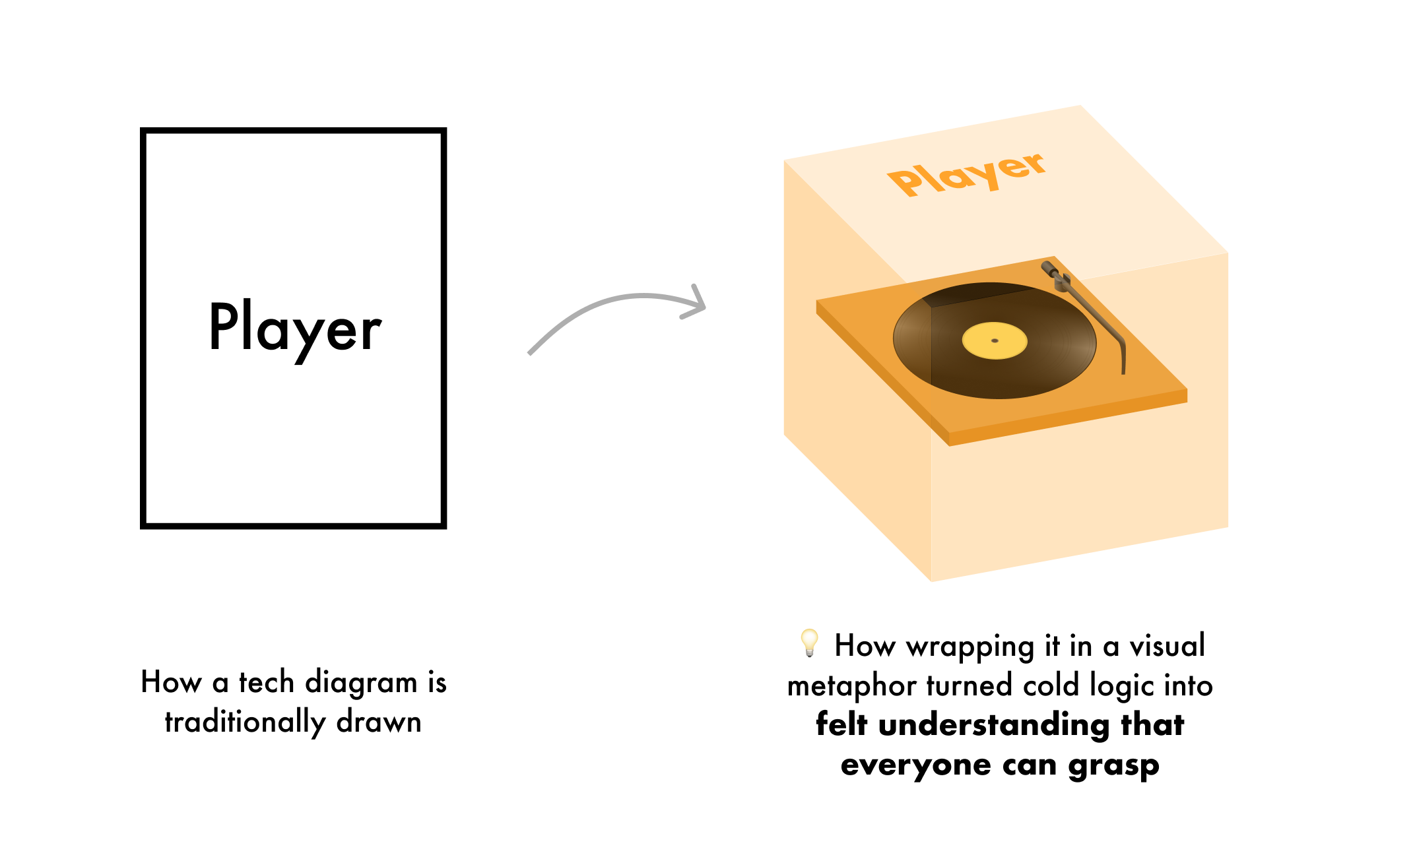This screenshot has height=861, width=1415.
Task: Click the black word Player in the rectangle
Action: coord(294,329)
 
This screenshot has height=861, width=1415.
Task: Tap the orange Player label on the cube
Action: coord(966,174)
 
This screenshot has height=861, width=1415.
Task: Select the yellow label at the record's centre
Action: coord(995,340)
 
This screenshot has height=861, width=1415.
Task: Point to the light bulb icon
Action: coord(809,643)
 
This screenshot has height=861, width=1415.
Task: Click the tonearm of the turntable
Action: coord(1096,310)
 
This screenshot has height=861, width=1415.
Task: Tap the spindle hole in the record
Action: coord(995,340)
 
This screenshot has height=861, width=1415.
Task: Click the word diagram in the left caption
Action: coord(361,683)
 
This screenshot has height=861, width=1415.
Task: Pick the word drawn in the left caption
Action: coord(379,722)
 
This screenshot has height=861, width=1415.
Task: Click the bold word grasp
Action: coord(1113,766)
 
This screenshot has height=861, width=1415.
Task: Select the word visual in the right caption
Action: coord(1168,645)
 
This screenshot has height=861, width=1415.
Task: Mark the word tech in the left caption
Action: coord(267,682)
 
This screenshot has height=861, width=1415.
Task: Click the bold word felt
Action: coord(841,724)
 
